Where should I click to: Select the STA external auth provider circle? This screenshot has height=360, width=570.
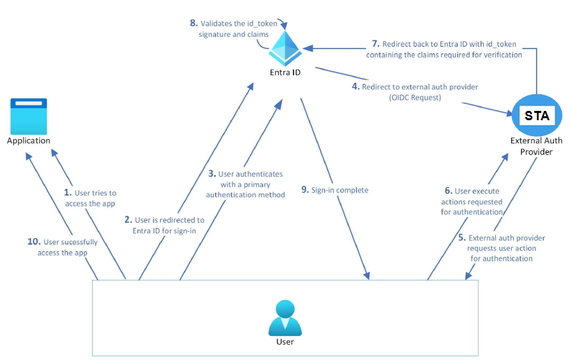pos(537,115)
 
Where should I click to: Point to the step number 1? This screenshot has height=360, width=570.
pos(67,192)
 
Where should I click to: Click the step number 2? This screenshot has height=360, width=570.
pos(128,219)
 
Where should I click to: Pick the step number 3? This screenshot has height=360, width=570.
pos(212,174)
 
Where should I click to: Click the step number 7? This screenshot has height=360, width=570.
pos(376,44)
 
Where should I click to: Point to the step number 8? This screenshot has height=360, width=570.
pos(193,24)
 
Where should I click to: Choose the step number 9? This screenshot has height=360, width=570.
pos(305,190)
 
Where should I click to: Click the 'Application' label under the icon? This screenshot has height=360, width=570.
pos(29,141)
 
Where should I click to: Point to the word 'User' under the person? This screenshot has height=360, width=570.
pos(285,342)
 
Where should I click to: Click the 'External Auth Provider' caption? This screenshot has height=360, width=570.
pos(536,146)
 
